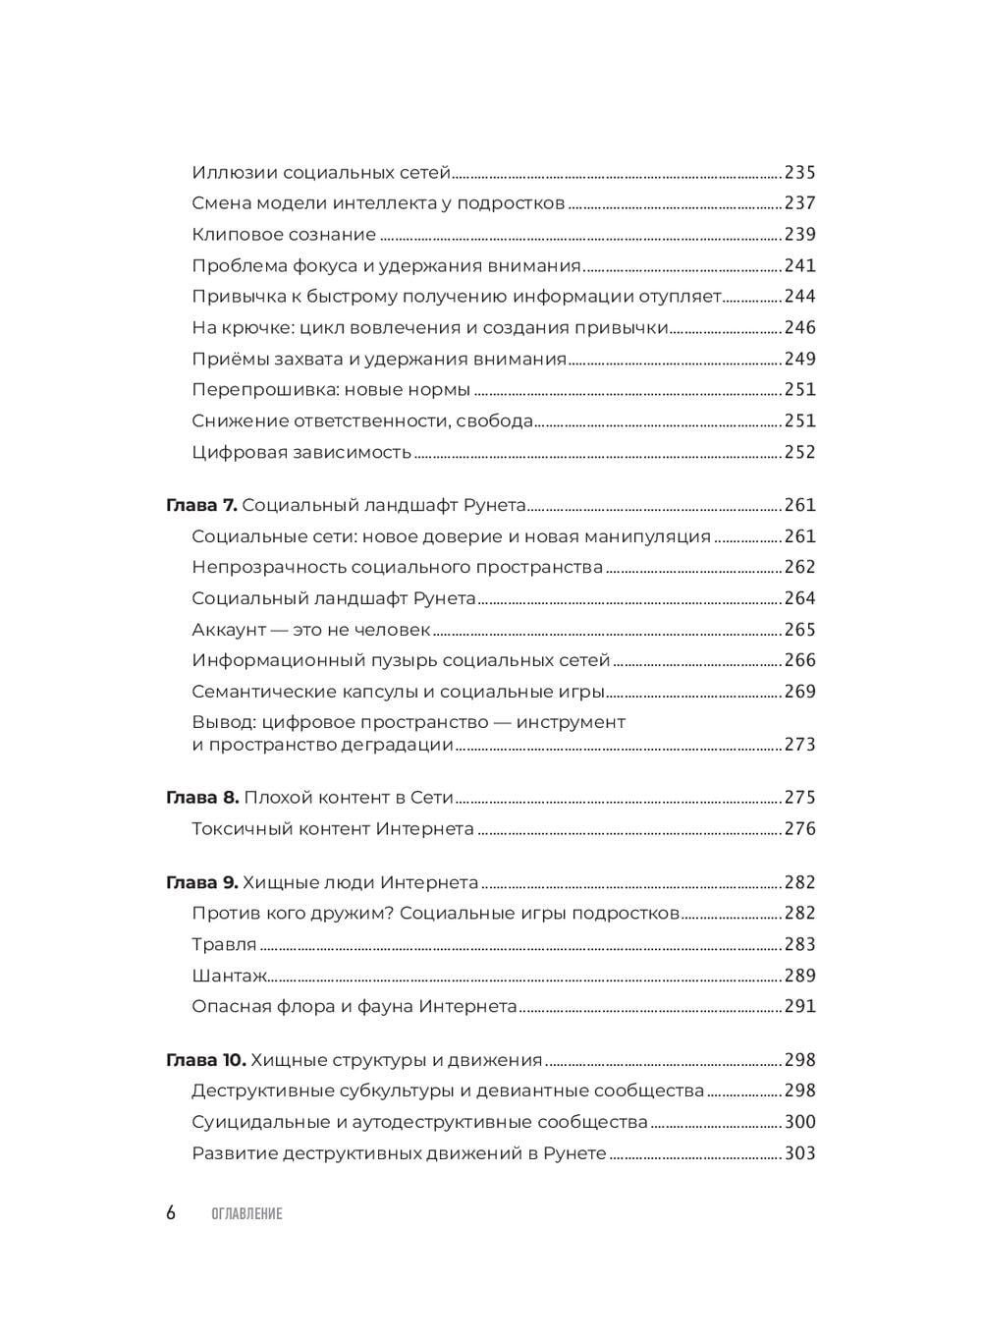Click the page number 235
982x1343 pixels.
[x=799, y=173]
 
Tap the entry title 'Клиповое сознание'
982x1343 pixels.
[x=284, y=235]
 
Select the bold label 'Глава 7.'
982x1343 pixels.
[x=201, y=506]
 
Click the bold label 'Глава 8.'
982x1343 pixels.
[x=202, y=798]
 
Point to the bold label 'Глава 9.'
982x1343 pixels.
[x=202, y=883]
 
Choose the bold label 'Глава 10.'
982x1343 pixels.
[x=206, y=1060]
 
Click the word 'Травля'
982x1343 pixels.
[x=224, y=945]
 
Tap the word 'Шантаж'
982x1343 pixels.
[x=230, y=977]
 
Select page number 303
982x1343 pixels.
[x=799, y=1153]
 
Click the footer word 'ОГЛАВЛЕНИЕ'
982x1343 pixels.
[x=246, y=1214]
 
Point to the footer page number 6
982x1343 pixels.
[x=171, y=1213]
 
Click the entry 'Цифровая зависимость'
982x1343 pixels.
[x=301, y=453]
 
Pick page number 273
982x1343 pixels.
[x=799, y=745]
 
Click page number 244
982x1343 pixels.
[x=799, y=297]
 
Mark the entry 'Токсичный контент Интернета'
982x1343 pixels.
[x=333, y=829]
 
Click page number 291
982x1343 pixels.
[x=799, y=1007]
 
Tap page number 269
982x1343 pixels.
[x=799, y=692]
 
